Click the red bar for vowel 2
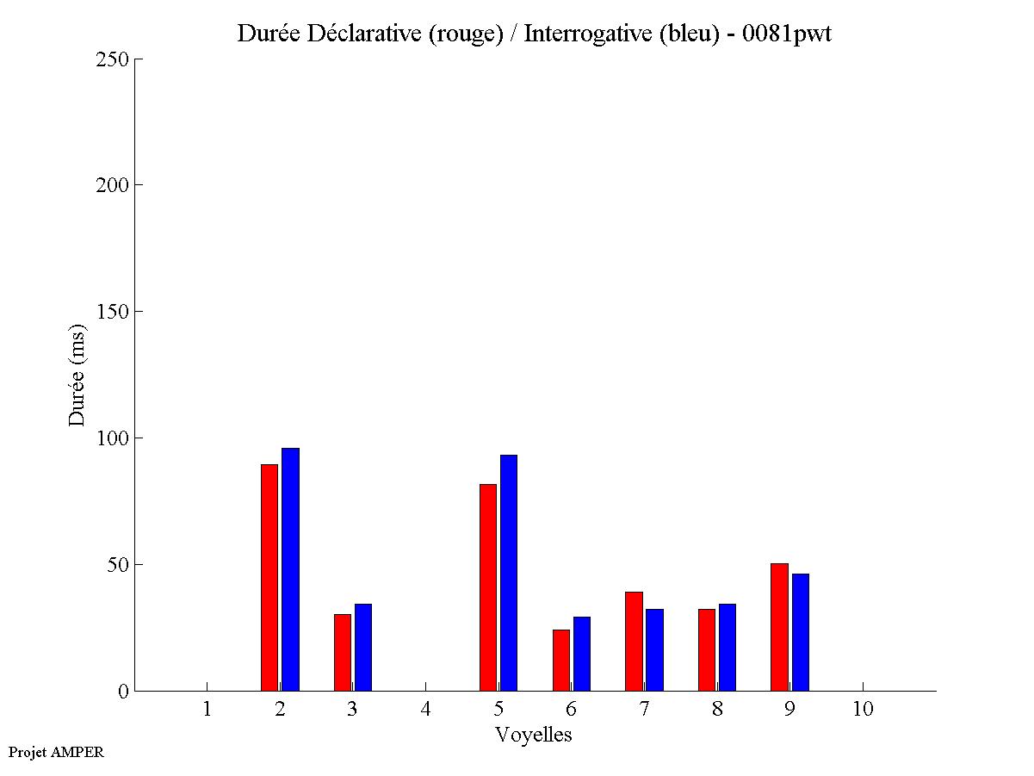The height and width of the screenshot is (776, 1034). [269, 577]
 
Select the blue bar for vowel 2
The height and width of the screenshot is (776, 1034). [290, 569]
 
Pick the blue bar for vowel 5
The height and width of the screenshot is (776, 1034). [509, 573]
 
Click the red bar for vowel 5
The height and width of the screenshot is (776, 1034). [488, 587]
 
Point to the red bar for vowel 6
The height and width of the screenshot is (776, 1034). [561, 660]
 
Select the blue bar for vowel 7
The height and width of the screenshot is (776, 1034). [654, 649]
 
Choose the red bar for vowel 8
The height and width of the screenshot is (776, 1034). [707, 649]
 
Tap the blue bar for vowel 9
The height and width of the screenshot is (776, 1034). [801, 632]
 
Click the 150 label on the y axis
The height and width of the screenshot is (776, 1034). [112, 312]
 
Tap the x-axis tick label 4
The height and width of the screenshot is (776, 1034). [425, 709]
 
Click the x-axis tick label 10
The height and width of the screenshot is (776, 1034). [863, 709]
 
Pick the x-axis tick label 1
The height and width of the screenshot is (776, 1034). [207, 709]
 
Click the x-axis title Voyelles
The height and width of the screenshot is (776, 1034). [534, 735]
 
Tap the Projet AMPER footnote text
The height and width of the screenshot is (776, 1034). [56, 752]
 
